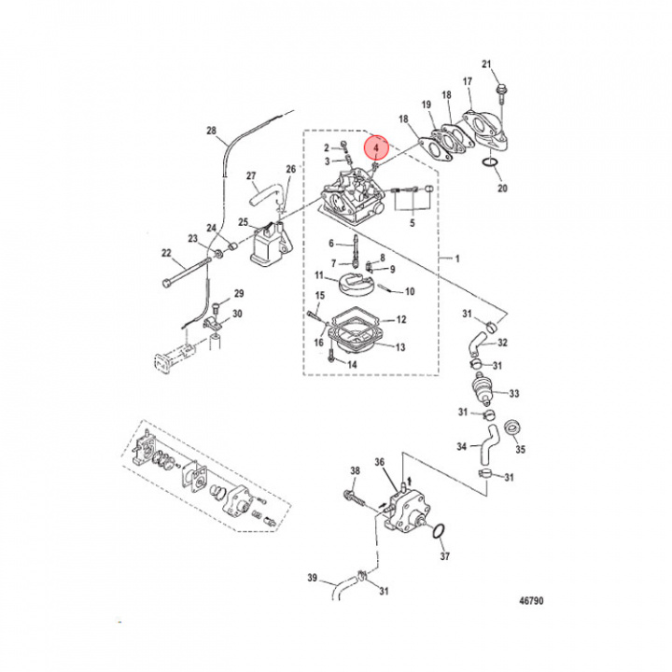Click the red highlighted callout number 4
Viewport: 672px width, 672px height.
tap(375, 147)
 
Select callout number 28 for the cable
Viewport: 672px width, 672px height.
tap(210, 131)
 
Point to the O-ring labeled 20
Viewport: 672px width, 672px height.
tap(490, 166)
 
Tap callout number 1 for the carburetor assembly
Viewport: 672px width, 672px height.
tap(457, 257)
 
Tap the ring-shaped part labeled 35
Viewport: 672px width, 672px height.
tap(512, 430)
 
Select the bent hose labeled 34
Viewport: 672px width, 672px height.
tap(486, 448)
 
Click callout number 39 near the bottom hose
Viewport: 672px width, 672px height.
tap(312, 580)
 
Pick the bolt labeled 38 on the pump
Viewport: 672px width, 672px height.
tap(352, 494)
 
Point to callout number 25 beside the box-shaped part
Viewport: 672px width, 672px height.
tap(243, 223)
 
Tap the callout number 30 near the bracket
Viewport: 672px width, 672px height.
tap(238, 313)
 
